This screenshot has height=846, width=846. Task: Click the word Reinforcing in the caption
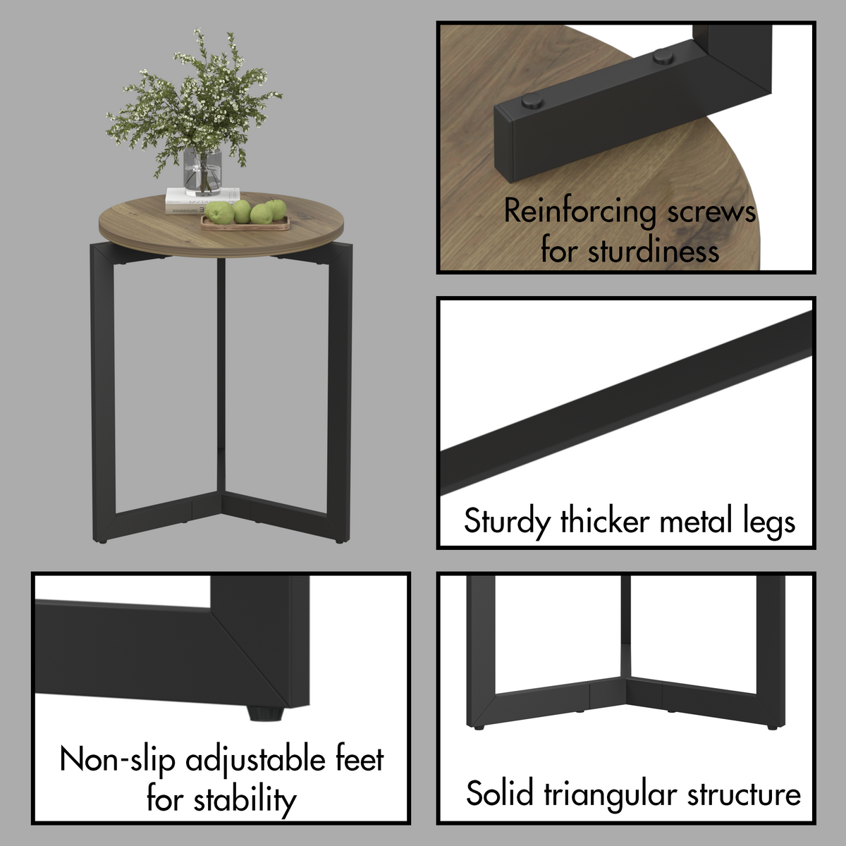pos(580,211)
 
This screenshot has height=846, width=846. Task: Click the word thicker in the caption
pos(604,522)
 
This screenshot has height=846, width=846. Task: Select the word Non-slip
pos(118,760)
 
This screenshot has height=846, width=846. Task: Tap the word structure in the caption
pos(744,794)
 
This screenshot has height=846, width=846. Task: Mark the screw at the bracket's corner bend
pos(663,56)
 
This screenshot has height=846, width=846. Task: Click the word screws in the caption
pos(711,211)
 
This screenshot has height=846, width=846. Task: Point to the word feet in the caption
pos(359,760)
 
